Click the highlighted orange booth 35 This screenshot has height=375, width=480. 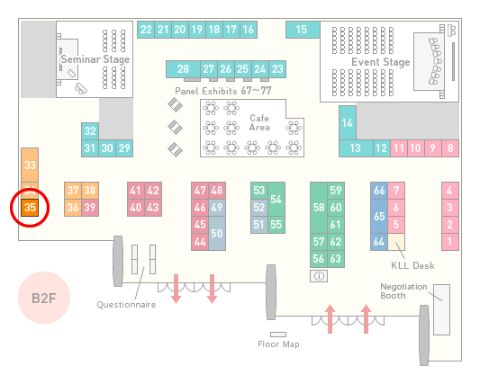click(x=30, y=208)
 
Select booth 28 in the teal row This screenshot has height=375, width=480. click(x=183, y=69)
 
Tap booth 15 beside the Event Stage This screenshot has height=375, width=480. click(x=303, y=30)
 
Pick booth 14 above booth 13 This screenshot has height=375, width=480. click(x=348, y=123)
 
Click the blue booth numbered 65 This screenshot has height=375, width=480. click(x=379, y=217)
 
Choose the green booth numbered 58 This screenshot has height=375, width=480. click(x=319, y=208)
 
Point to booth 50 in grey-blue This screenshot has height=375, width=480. click(x=217, y=234)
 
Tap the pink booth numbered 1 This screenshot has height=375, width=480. click(x=449, y=242)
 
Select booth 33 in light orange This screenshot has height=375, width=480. click(x=30, y=165)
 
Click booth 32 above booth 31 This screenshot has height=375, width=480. click(x=90, y=131)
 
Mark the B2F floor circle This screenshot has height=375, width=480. click(x=44, y=298)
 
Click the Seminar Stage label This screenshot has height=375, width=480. click(x=95, y=59)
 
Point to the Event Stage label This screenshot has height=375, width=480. click(x=381, y=62)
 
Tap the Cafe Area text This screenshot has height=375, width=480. click(x=259, y=122)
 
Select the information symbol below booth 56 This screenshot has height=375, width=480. click(x=319, y=276)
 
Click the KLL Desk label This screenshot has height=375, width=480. click(x=412, y=265)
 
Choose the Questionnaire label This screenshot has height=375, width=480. click(x=126, y=305)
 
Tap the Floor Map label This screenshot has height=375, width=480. click(x=278, y=344)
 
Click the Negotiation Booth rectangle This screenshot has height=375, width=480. click(x=442, y=309)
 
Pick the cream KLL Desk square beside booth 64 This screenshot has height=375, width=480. click(x=396, y=242)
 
